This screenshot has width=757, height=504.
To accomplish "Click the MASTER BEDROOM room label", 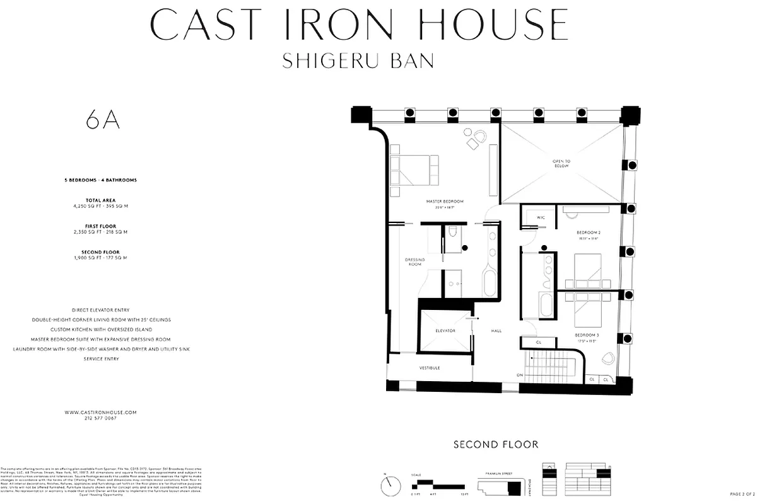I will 445,202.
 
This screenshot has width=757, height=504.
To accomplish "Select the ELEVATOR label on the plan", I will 445,330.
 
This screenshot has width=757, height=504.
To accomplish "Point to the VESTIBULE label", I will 430,368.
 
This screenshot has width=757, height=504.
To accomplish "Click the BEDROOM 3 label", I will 587,336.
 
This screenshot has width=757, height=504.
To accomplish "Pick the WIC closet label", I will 541,218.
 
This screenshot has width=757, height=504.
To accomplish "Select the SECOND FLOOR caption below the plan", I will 496,445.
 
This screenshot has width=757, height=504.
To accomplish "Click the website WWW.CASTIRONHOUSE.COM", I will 101,412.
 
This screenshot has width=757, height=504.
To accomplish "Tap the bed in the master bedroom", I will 413,170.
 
